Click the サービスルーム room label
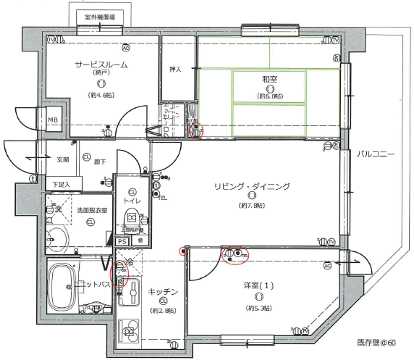(x=101, y=64)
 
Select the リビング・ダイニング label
(x=251, y=186)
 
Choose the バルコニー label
(x=375, y=155)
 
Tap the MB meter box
(x=54, y=120)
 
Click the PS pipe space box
(x=122, y=241)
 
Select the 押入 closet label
(x=175, y=70)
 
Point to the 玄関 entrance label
(x=62, y=159)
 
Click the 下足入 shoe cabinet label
(x=62, y=185)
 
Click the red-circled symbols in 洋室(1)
(x=235, y=255)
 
